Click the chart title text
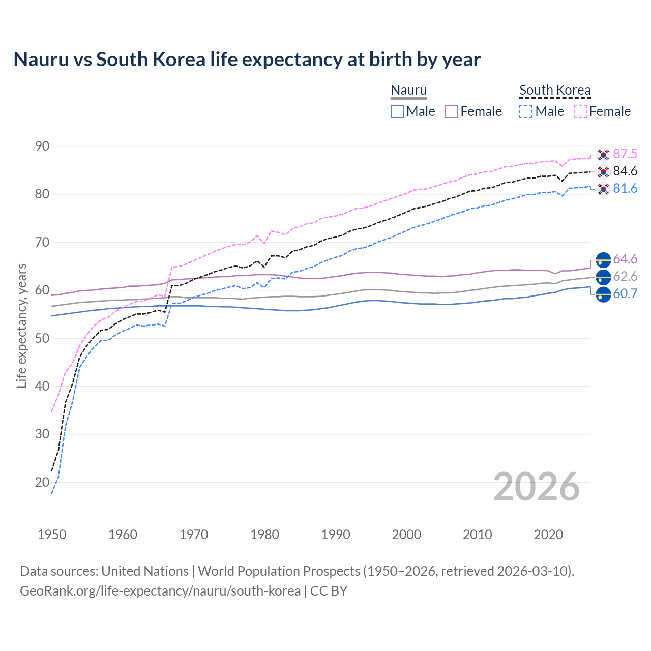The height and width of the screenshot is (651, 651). tap(247, 60)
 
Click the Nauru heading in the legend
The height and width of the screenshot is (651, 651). tap(408, 90)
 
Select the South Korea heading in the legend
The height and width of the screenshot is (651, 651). tap(555, 90)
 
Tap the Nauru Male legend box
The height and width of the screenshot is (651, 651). tap(397, 111)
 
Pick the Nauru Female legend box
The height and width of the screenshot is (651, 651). tap(451, 111)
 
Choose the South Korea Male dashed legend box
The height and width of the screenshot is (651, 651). tap(526, 111)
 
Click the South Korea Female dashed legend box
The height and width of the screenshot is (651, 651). tap(580, 111)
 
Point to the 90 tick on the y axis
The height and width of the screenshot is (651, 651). tap(42, 146)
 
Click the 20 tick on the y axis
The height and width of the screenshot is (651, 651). tap(42, 482)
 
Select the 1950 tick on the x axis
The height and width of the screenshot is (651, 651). tap(52, 535)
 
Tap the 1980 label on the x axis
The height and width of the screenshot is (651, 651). tap(264, 535)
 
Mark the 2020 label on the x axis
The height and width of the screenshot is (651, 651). tap(548, 535)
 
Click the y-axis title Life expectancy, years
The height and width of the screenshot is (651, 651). tap(21, 325)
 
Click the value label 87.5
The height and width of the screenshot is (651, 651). tap(625, 154)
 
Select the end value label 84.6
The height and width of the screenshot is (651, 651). tap(625, 171)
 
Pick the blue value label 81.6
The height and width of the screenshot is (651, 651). tap(625, 189)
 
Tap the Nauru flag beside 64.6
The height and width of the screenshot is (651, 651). tap(603, 259)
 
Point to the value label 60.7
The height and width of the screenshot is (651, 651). tap(625, 294)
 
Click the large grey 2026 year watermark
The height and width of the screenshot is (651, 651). tap(536, 487)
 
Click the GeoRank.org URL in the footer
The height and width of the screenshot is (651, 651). tap(160, 591)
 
